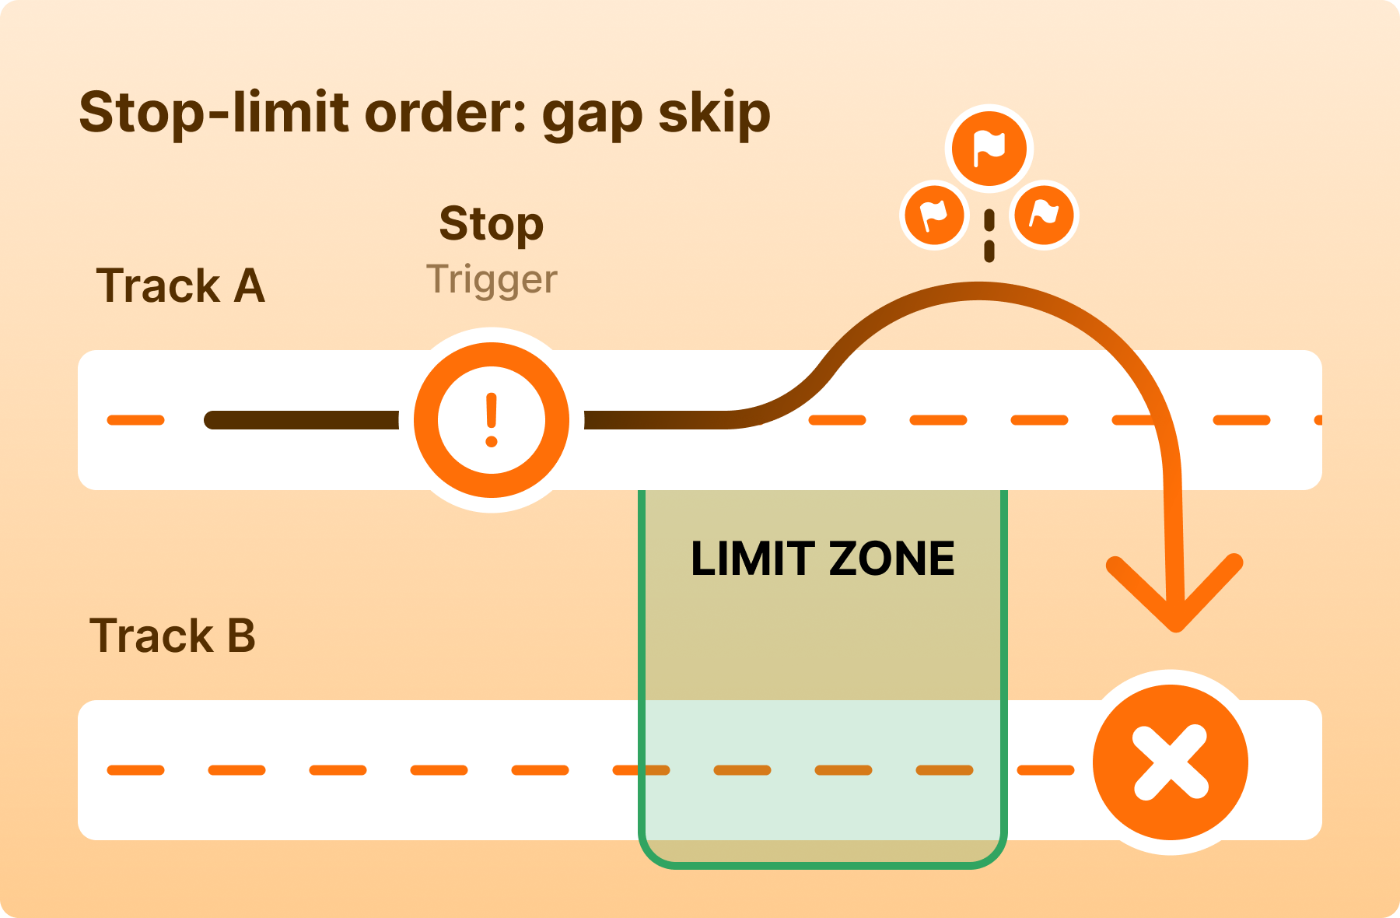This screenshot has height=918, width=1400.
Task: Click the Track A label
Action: (180, 286)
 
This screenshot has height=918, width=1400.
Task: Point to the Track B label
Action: (173, 636)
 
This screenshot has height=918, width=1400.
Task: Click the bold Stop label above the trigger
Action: (491, 225)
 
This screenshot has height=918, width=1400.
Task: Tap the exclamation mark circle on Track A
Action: (492, 420)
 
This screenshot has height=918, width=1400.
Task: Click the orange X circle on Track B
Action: (1171, 762)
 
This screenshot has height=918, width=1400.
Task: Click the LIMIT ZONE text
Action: (822, 559)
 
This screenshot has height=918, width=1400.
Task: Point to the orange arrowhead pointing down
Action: (1175, 599)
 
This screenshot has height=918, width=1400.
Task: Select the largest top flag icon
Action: (989, 149)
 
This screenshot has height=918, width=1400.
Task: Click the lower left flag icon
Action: (934, 215)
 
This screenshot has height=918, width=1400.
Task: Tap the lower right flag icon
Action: (1044, 214)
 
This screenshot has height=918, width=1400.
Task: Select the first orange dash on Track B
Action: (136, 770)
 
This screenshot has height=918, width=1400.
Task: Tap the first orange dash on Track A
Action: (136, 420)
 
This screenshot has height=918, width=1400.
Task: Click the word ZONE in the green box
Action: (891, 559)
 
